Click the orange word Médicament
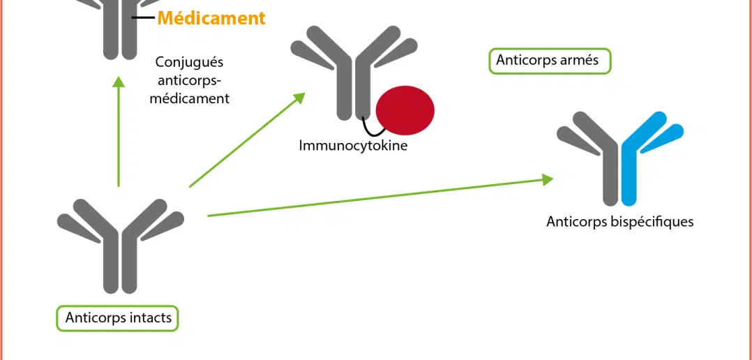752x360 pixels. [211, 18]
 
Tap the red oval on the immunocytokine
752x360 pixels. [405, 110]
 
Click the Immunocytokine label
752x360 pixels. [353, 146]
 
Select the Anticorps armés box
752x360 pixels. [549, 61]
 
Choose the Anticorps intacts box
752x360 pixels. [118, 318]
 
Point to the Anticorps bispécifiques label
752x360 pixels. [619, 222]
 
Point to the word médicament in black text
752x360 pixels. [190, 99]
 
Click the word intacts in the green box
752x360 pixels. [151, 318]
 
